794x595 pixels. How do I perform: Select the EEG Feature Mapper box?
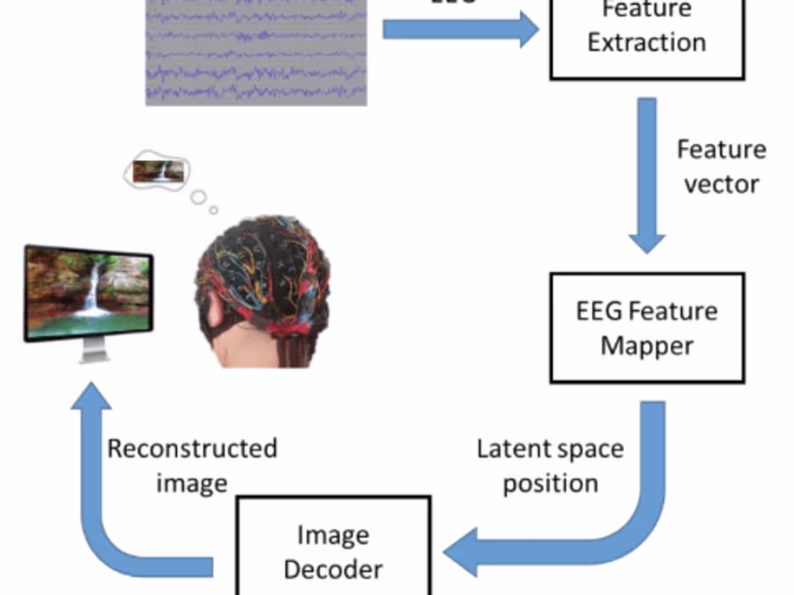tap(647, 328)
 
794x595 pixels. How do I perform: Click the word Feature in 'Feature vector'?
tap(721, 150)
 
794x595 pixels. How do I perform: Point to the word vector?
tap(721, 185)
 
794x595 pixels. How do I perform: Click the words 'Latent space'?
tap(550, 449)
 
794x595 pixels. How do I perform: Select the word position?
tap(550, 483)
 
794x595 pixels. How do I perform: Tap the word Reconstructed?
tap(192, 448)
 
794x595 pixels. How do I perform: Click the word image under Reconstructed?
tap(192, 482)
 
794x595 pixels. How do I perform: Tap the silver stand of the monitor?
tap(92, 351)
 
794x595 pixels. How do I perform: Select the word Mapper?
tap(647, 345)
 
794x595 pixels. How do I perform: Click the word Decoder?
tap(333, 568)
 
